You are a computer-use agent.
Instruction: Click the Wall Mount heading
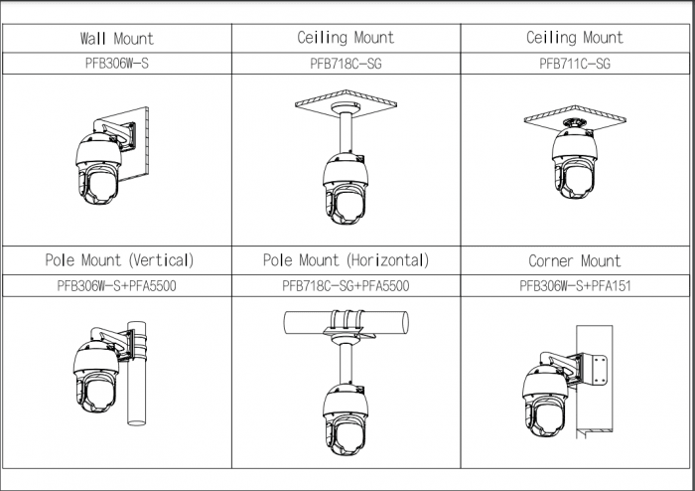coord(117,39)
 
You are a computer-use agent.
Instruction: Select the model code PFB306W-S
coord(117,62)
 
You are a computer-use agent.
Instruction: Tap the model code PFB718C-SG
coord(346,62)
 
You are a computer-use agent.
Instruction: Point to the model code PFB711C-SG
coord(575,62)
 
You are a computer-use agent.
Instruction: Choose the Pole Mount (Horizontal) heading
coord(346,260)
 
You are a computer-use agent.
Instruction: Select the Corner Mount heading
coord(575,261)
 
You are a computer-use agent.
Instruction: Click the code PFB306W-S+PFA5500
coord(117,285)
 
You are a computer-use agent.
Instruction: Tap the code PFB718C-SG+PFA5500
coord(346,285)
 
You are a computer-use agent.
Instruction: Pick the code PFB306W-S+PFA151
coord(575,285)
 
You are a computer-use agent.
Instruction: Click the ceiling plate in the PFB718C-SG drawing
coord(347,103)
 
